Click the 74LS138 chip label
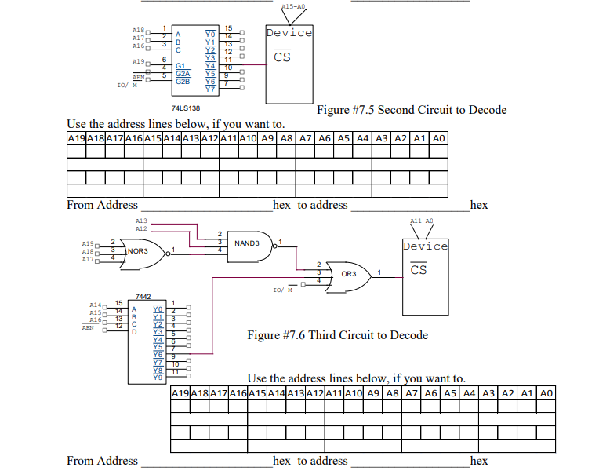click(185, 108)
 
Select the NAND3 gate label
click(247, 243)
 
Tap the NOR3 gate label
click(138, 251)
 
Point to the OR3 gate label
click(349, 274)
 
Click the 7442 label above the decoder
click(143, 297)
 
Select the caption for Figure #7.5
click(411, 110)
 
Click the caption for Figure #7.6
click(337, 335)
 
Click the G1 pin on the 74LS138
click(180, 66)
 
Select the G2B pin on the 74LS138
click(182, 81)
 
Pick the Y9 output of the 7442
click(158, 378)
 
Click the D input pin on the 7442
click(133, 332)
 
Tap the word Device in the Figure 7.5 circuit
click(289, 33)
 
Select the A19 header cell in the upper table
click(76, 138)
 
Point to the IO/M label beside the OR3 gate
click(282, 290)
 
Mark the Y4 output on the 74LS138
click(209, 65)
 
